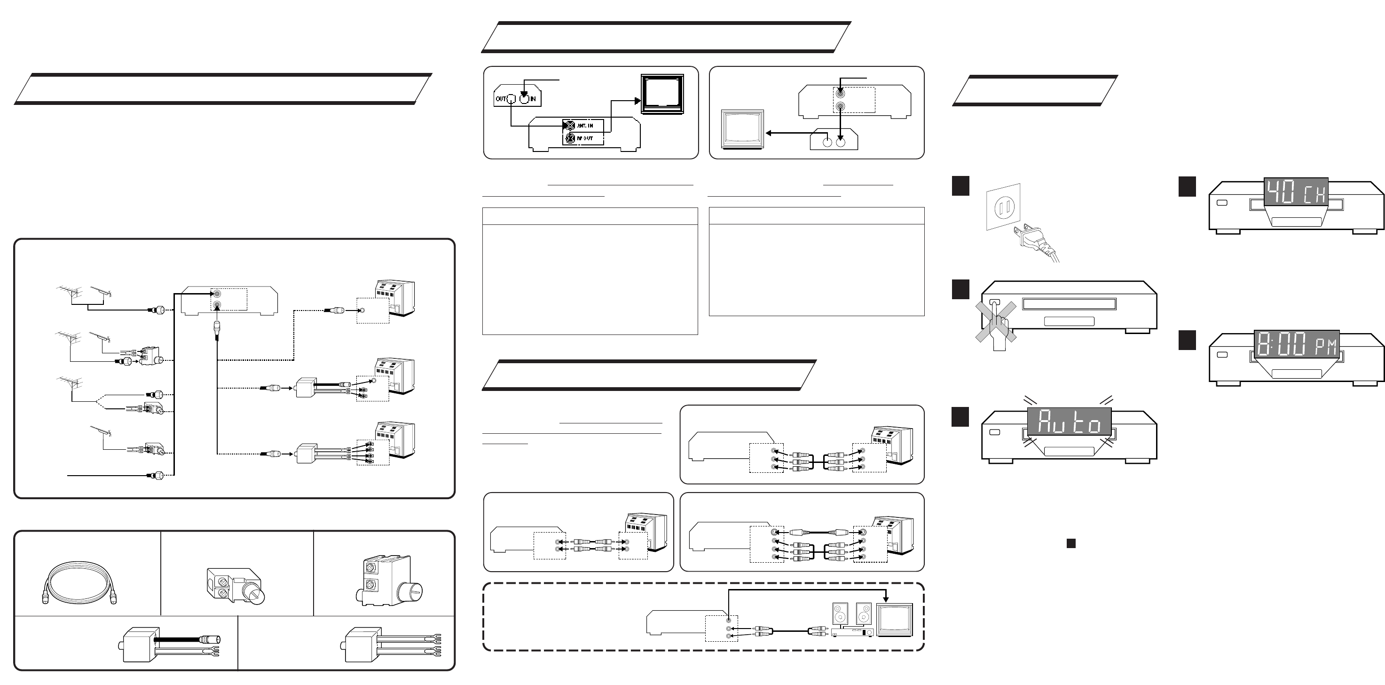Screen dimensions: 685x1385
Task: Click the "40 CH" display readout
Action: click(x=1295, y=192)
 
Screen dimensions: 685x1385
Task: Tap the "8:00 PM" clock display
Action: click(x=1296, y=344)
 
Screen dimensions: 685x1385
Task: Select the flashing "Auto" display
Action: click(x=1069, y=422)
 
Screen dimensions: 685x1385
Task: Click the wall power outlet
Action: click(x=1003, y=207)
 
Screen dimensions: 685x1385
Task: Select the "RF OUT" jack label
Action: click(x=585, y=138)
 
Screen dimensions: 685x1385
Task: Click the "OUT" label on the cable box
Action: click(x=501, y=99)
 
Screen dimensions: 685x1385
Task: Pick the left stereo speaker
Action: click(x=840, y=614)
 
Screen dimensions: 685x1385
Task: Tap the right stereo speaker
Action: click(x=864, y=614)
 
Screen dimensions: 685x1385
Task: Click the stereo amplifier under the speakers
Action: click(x=852, y=633)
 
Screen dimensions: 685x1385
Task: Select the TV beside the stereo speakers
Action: click(x=895, y=620)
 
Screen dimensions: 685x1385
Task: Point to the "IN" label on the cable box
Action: click(x=533, y=99)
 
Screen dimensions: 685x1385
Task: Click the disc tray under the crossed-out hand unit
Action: click(x=1069, y=321)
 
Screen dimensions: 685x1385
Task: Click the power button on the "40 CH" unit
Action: click(x=1221, y=203)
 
